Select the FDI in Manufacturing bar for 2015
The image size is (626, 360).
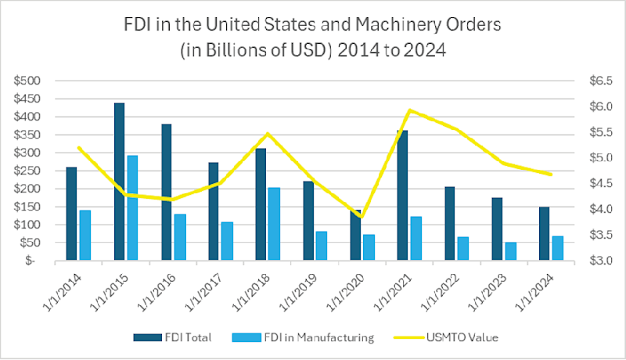pyautogui.click(x=132, y=207)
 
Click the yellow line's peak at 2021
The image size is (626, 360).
pyautogui.click(x=409, y=110)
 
